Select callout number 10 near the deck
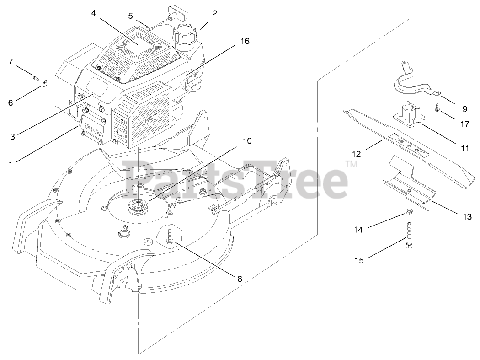coord(247,141)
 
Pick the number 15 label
coord(359,260)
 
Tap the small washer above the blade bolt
coord(407,211)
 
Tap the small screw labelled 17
coord(437,109)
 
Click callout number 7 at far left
coord(11,61)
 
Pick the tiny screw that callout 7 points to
coord(36,77)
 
